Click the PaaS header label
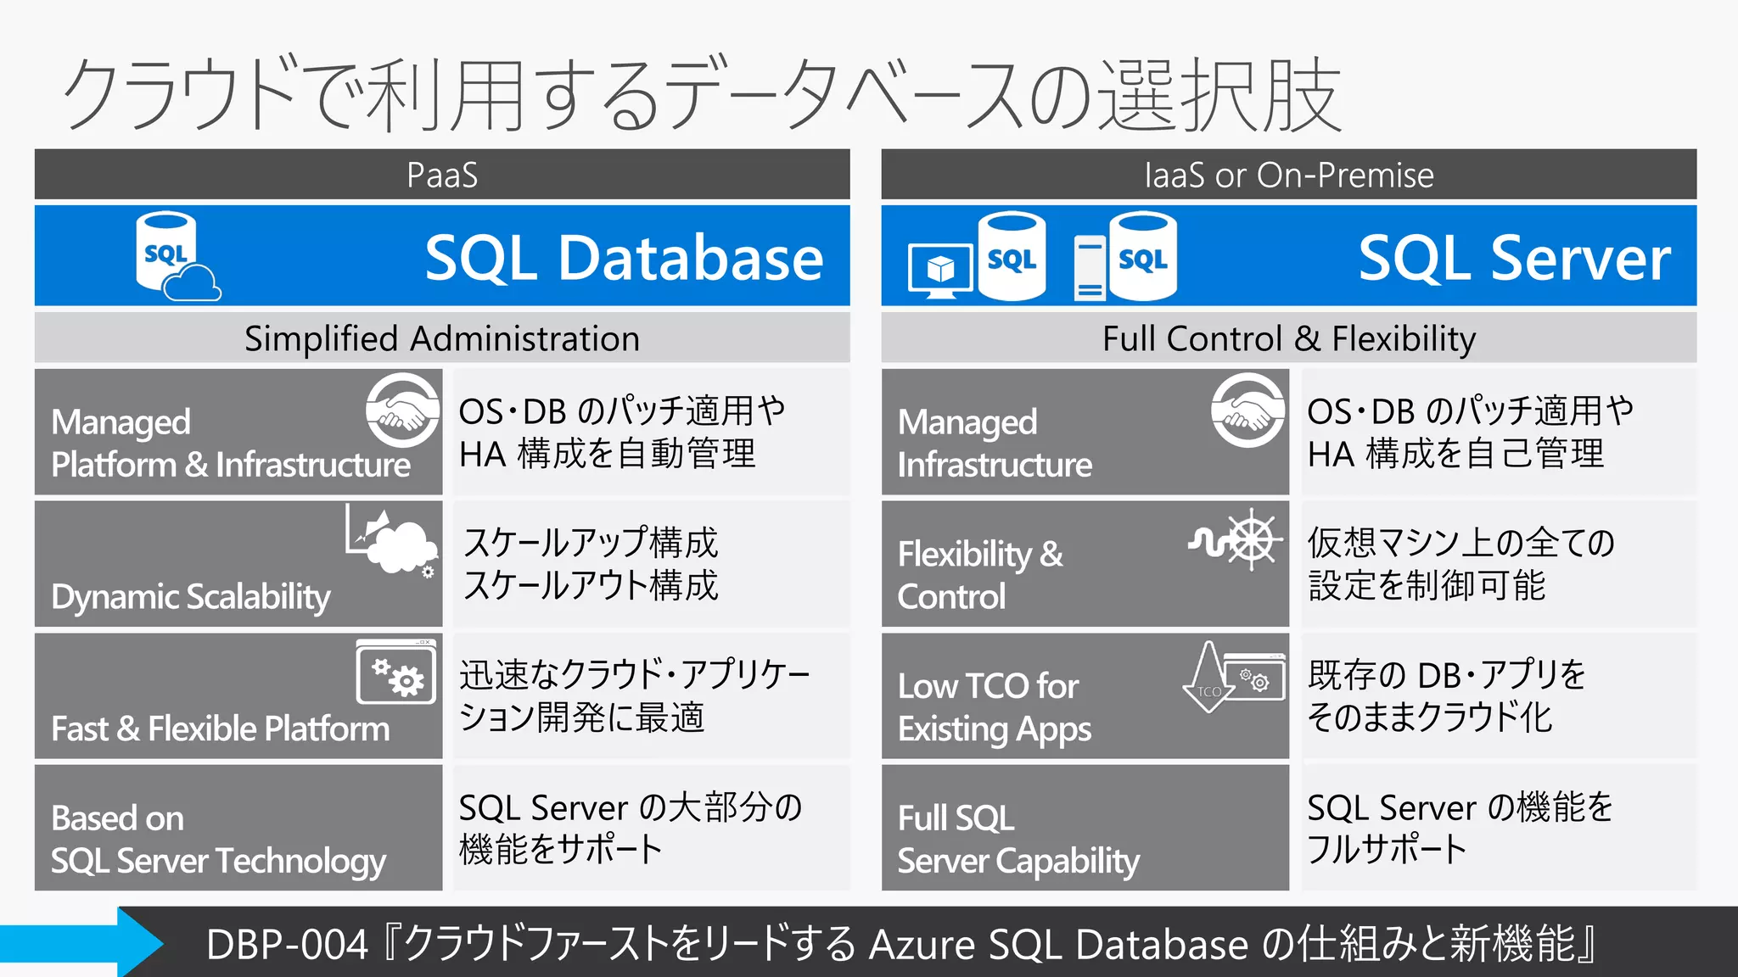tap(441, 176)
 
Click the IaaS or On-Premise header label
tap(1288, 176)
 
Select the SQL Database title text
tap(624, 258)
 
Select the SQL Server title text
tap(1514, 258)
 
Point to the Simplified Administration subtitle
tap(441, 338)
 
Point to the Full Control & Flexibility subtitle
tap(1288, 338)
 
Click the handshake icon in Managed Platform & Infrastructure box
tap(403, 410)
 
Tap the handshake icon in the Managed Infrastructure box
tap(1248, 410)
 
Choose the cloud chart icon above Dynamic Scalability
tap(391, 539)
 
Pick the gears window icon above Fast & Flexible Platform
tap(396, 673)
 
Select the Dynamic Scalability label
tap(191, 597)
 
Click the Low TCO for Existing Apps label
tap(994, 706)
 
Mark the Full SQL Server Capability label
tap(1018, 839)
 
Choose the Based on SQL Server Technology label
tap(218, 839)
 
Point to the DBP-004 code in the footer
tap(287, 944)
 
